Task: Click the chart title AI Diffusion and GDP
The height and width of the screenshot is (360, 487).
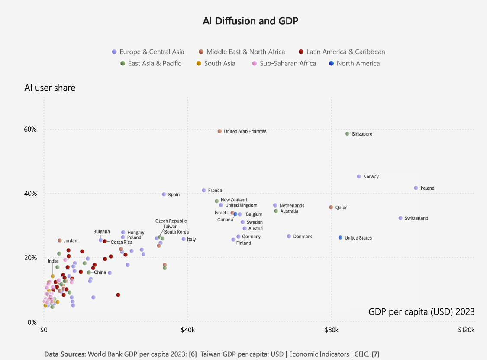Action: coord(250,21)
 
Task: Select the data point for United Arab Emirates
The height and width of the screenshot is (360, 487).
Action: coord(219,131)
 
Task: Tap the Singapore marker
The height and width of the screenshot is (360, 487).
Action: coord(347,134)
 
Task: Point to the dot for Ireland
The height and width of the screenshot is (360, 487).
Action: coord(416,188)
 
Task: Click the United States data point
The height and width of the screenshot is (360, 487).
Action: coord(340,237)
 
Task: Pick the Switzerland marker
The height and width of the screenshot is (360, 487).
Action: coord(400,218)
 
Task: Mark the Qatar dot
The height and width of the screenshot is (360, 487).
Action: coord(331,208)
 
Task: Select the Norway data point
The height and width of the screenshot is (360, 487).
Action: coord(359,176)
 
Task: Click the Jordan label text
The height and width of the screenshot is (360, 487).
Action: coord(70,240)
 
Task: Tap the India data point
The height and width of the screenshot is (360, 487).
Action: coord(53,276)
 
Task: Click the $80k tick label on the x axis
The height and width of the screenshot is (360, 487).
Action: coord(331,330)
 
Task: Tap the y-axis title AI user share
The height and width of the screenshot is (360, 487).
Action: coord(50,88)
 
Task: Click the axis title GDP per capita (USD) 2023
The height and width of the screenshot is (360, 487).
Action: coord(422,311)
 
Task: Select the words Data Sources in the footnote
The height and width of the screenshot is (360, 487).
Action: coord(65,354)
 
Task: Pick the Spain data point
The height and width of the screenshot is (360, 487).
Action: coord(164,195)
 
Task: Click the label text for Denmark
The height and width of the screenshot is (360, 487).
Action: coord(302,237)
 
